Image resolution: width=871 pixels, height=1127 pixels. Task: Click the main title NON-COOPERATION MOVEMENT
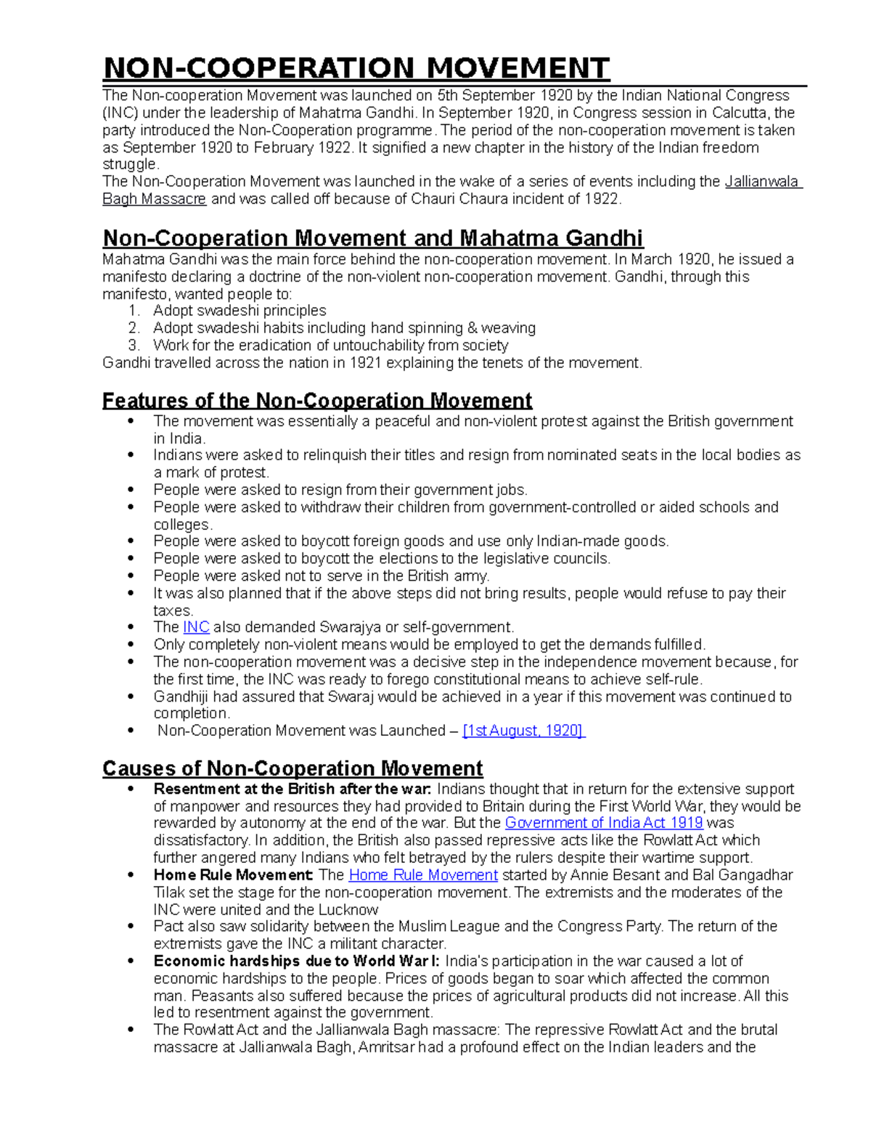click(356, 68)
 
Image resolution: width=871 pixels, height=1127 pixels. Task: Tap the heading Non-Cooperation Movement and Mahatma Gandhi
click(372, 238)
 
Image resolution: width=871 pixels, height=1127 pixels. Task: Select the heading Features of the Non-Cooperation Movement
click(317, 401)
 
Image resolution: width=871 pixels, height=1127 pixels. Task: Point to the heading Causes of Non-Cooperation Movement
click(293, 769)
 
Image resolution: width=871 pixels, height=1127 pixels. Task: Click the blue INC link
click(196, 627)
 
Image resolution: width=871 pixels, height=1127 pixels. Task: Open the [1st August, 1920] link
click(523, 731)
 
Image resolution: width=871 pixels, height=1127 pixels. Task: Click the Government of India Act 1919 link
click(603, 823)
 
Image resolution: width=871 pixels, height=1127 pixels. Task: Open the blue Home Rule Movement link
click(423, 875)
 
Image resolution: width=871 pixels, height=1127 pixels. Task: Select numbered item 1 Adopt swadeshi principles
click(240, 311)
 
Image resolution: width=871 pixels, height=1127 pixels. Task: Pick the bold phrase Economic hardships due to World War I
click(296, 962)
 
